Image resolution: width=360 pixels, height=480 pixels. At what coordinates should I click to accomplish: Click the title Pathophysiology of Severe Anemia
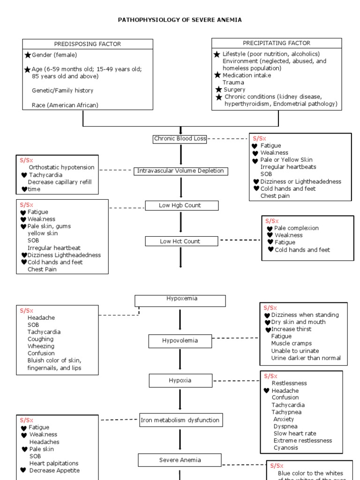click(180, 20)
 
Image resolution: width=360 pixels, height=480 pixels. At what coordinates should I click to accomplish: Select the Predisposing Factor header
click(88, 44)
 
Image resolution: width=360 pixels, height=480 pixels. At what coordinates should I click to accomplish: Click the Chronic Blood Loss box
click(180, 139)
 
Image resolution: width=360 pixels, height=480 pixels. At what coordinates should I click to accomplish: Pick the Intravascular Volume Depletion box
click(180, 171)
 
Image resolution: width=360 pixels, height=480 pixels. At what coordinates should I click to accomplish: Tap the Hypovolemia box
click(180, 341)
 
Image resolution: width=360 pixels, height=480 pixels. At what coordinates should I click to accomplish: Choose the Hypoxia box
click(180, 380)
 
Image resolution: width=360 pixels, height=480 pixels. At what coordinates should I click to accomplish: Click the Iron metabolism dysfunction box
click(180, 420)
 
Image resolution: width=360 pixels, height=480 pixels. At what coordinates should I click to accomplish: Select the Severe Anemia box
click(180, 460)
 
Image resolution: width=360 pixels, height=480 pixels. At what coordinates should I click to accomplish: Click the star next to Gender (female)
click(28, 55)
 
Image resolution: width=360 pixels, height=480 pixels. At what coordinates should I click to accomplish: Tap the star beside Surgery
click(219, 90)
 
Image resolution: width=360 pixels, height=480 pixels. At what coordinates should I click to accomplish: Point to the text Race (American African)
click(65, 105)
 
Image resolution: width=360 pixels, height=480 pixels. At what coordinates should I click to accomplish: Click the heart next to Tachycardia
click(24, 175)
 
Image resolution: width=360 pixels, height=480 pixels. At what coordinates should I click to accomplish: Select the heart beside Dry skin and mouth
click(267, 322)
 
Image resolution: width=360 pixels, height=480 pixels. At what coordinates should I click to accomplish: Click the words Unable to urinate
click(295, 351)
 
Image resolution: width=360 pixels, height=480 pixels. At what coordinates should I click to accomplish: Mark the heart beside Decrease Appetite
click(23, 470)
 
